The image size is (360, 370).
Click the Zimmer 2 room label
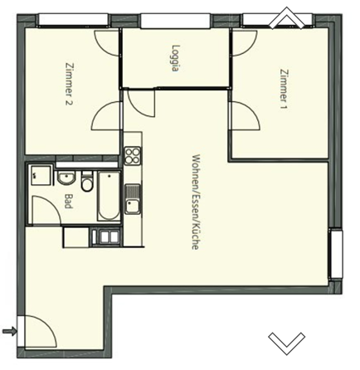click(x=70, y=84)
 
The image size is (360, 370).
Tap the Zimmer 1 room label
click(x=285, y=89)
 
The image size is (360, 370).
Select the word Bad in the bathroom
click(x=68, y=201)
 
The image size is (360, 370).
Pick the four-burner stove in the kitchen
click(x=133, y=156)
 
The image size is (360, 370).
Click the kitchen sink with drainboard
click(x=133, y=199)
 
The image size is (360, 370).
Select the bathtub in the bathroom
click(x=109, y=197)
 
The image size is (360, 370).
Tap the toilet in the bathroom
click(x=87, y=182)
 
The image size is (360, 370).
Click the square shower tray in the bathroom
click(x=41, y=176)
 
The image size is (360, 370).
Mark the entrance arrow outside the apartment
click(x=9, y=331)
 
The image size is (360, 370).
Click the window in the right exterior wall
click(x=336, y=254)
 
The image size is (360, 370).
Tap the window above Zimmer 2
click(x=73, y=20)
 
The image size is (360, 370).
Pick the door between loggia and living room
click(x=139, y=102)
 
